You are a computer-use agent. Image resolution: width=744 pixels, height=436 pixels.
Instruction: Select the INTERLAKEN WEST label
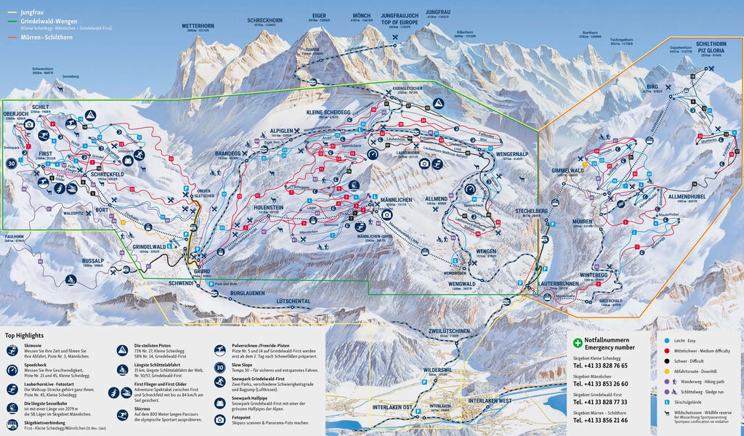pos(491,401)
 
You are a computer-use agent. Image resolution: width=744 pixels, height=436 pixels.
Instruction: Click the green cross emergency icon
pos(578,342)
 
